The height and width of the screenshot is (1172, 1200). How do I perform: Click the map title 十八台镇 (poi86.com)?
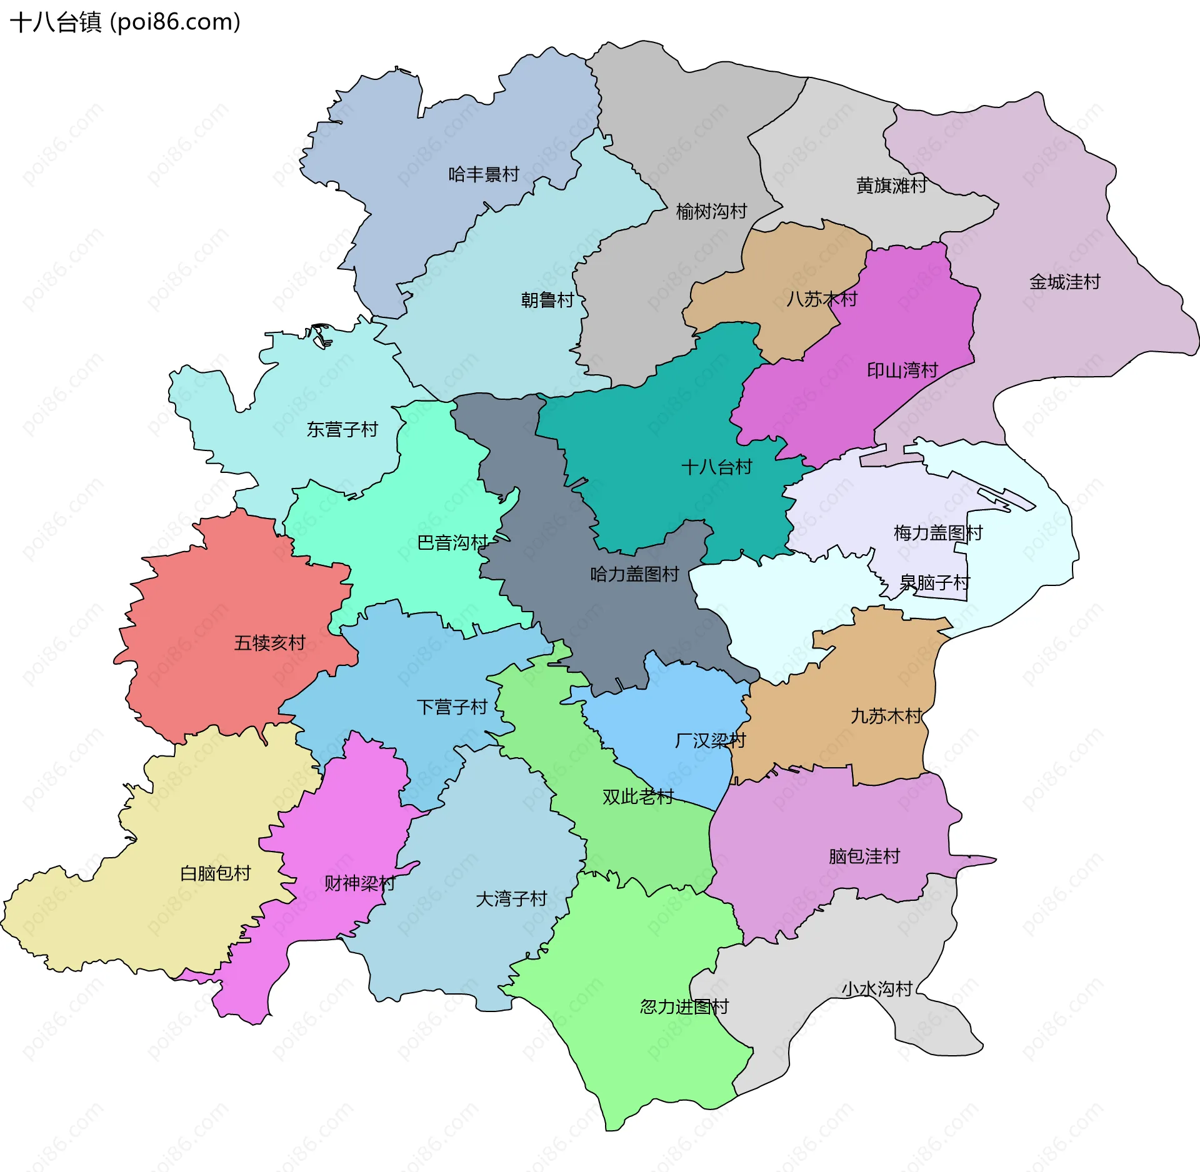(125, 22)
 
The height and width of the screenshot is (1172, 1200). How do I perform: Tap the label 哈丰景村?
(484, 174)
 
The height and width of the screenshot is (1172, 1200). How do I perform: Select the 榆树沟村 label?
(711, 212)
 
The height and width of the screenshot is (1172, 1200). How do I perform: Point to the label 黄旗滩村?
(891, 186)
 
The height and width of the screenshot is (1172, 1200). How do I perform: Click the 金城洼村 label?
(1064, 282)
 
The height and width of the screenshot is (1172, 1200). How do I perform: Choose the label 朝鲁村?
(547, 300)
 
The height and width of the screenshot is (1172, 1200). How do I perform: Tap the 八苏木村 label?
(822, 299)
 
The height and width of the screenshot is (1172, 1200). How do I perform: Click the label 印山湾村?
(902, 371)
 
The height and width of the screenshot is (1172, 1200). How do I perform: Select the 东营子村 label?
(342, 430)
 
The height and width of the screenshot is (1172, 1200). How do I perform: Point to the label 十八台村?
(716, 467)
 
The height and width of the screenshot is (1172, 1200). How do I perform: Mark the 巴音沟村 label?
(452, 543)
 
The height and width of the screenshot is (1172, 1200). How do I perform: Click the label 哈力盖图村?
(634, 575)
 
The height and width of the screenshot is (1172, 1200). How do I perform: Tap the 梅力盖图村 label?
(938, 533)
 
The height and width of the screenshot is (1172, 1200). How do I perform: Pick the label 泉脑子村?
(934, 583)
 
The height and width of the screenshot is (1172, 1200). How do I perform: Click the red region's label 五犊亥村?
(269, 643)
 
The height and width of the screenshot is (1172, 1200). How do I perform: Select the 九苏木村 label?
(886, 716)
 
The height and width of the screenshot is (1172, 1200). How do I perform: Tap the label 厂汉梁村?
(711, 741)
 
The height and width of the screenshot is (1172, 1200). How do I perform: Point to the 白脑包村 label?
(216, 873)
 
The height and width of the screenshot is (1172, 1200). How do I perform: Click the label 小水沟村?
(877, 989)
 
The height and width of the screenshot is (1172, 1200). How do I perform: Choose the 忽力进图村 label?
(684, 1006)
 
